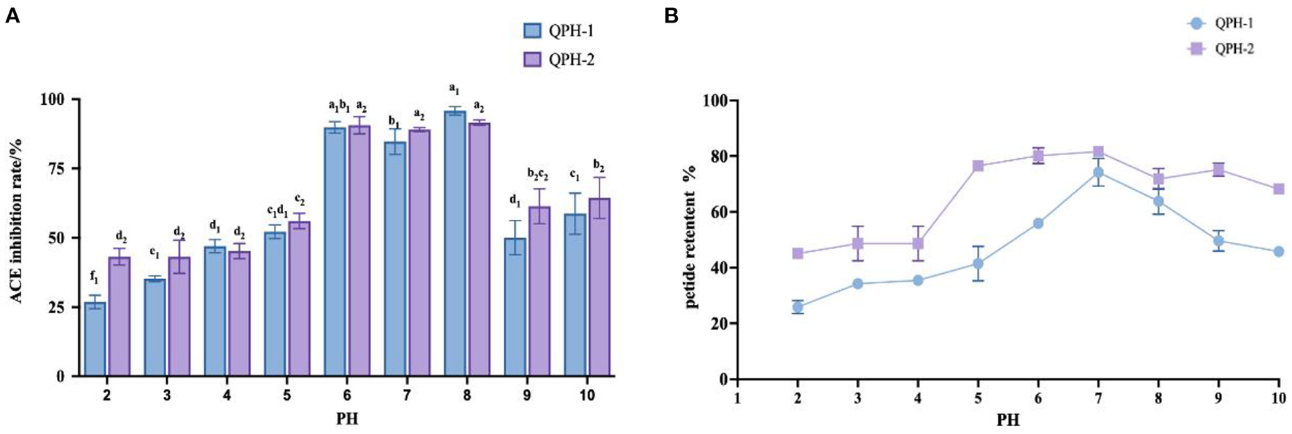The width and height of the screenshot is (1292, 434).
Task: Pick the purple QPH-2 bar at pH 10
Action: coord(599,288)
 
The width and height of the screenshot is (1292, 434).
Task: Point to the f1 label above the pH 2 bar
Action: coord(94,277)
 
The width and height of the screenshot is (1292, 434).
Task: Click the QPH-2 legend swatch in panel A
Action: coord(532,59)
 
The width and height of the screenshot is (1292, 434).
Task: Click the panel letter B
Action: coord(671,15)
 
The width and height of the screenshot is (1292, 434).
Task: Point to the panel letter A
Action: coord(12,15)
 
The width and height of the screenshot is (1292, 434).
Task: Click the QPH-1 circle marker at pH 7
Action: coord(1098,173)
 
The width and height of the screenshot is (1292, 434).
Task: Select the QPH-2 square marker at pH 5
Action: coord(978,166)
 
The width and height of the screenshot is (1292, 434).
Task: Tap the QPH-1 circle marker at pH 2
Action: coord(798,307)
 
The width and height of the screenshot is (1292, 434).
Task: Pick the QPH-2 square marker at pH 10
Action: coord(1278,189)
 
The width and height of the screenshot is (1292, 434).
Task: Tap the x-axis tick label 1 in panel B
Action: coord(738,398)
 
